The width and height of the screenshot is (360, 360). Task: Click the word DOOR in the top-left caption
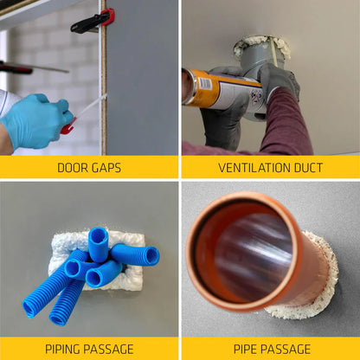[x=71, y=167]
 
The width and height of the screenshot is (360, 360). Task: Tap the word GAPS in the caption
[x=106, y=167]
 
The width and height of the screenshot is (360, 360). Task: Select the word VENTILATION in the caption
[x=248, y=167]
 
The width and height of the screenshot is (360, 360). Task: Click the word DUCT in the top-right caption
[x=305, y=167]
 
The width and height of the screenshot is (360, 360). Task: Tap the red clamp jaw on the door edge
[x=107, y=16]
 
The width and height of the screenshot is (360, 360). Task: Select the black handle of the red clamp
[x=87, y=23]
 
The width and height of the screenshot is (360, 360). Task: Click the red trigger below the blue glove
[x=67, y=128]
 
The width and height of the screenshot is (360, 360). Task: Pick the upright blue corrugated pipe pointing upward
[x=99, y=243]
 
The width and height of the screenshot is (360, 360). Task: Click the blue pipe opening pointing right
[x=151, y=256]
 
